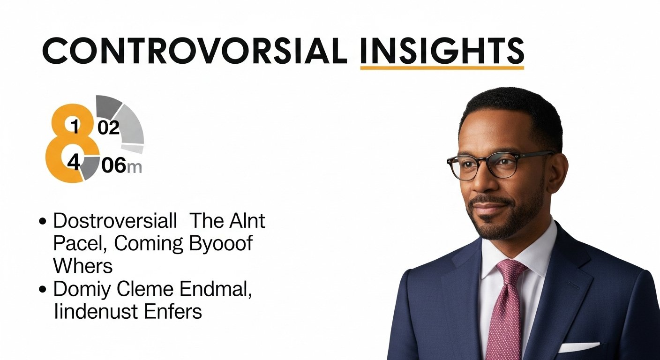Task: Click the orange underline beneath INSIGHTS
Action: click(x=442, y=68)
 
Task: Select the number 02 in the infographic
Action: click(x=109, y=127)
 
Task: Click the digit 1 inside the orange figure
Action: click(x=75, y=126)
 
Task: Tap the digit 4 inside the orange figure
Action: click(x=74, y=162)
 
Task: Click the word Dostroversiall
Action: click(x=115, y=221)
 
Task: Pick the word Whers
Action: click(x=83, y=266)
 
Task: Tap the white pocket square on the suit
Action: click(x=578, y=347)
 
